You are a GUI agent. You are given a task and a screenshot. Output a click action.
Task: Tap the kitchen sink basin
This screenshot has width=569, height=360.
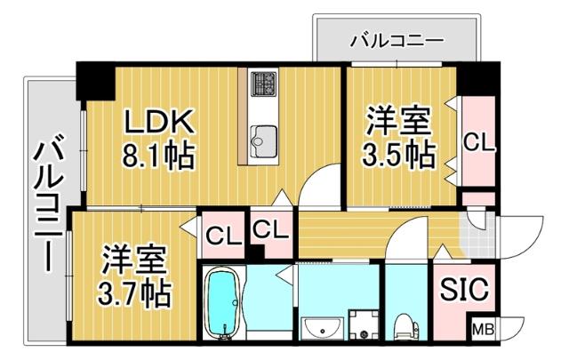click(263, 139)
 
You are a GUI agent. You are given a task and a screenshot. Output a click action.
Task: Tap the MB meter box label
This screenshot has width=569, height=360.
click(484, 328)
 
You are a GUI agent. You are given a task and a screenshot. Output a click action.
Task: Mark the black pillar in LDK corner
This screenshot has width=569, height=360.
click(96, 82)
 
